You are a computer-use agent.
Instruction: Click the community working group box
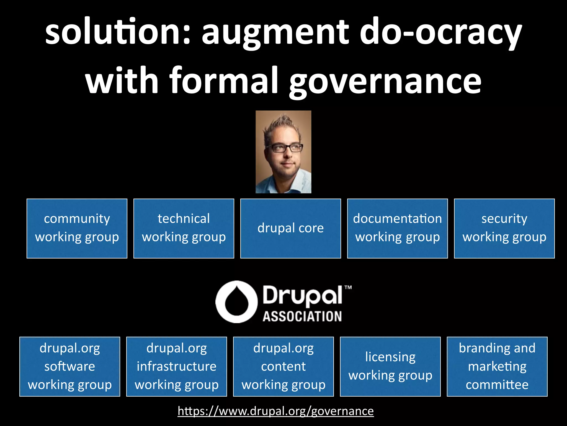77,228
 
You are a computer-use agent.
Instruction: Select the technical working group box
184,228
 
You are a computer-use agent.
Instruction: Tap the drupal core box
290,228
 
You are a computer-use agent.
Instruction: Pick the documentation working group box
397,228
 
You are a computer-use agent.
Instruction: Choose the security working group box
504,228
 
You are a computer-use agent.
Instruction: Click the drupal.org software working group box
70,366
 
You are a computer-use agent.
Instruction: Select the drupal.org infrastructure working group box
177,366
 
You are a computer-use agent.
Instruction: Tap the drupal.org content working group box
283,366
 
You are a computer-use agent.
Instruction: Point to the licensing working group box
390,366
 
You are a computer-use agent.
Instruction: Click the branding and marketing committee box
497,366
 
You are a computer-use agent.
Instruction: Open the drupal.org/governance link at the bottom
275,411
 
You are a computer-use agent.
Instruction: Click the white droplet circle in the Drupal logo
236,302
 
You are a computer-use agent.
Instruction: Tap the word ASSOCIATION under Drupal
302,316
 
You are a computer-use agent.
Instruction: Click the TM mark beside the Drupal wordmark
348,288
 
